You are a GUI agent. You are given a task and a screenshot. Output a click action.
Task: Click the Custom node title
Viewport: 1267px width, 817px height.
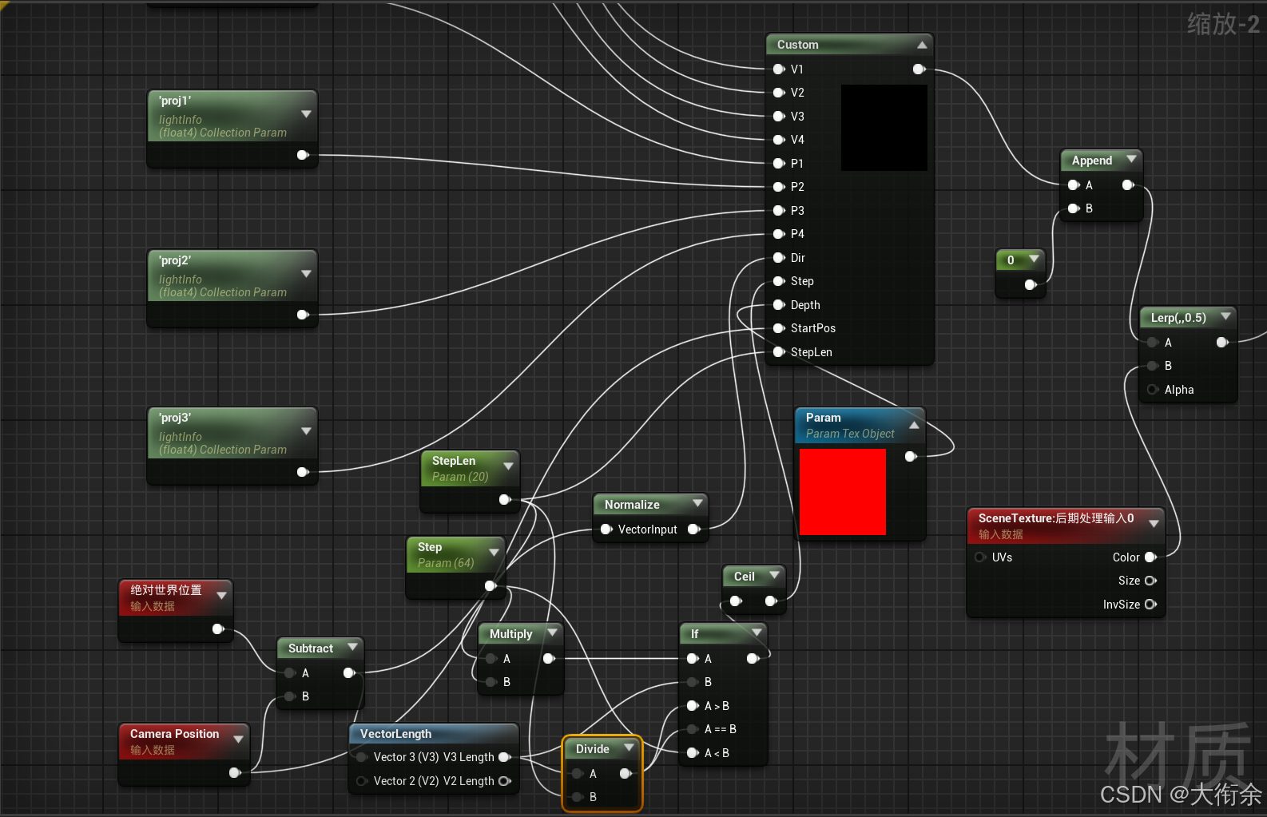[797, 45]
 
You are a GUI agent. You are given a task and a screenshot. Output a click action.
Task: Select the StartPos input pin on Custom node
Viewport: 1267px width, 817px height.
[779, 328]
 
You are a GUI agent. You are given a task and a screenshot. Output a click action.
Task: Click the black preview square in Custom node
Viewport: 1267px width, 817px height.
[884, 127]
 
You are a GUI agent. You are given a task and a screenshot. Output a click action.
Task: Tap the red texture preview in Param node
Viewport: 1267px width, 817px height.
[842, 491]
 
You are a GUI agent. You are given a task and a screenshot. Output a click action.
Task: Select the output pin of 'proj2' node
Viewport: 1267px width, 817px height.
[302, 315]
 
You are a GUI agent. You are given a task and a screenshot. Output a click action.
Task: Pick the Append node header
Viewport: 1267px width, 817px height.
[1091, 161]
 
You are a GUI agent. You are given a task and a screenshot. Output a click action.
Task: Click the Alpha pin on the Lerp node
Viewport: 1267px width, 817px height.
[1153, 390]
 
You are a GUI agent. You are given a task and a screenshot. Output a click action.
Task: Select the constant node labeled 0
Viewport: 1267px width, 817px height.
[1011, 260]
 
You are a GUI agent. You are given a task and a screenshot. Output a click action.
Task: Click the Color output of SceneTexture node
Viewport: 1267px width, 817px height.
[1150, 557]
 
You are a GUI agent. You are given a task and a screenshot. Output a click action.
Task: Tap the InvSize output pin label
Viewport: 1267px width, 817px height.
[1121, 605]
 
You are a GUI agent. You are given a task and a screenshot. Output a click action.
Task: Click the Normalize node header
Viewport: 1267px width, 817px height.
[632, 505]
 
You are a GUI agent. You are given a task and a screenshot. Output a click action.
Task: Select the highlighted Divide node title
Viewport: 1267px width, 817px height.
[593, 749]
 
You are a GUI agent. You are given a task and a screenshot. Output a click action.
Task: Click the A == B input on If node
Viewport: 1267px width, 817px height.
[693, 729]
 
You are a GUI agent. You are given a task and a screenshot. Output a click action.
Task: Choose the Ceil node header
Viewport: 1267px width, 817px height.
[744, 577]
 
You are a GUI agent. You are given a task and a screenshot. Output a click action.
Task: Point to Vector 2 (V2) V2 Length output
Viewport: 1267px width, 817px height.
[504, 781]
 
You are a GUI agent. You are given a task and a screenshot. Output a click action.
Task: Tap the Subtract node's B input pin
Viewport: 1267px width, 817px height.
[290, 696]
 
